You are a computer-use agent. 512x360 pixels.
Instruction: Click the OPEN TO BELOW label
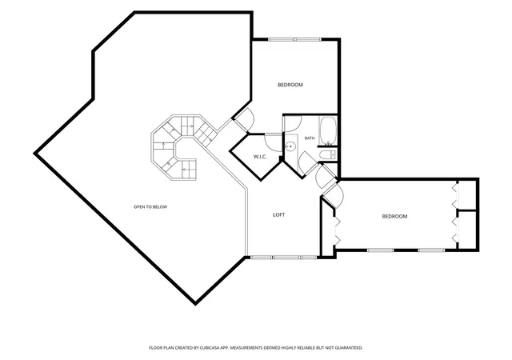[150, 206]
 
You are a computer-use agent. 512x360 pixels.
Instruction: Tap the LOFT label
[279, 214]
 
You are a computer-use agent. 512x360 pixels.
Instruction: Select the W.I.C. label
[260, 157]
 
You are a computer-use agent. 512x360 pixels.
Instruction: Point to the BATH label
[310, 138]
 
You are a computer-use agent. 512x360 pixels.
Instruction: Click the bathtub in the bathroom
[328, 131]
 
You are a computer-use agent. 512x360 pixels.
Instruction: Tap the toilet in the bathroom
[327, 154]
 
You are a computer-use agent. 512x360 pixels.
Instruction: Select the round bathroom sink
[290, 146]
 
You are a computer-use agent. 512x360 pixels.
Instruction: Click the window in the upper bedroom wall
[294, 39]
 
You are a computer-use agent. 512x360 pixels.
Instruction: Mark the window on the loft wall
[283, 257]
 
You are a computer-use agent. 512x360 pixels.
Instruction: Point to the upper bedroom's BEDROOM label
[290, 85]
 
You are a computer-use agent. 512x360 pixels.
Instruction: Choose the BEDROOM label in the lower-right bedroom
[394, 216]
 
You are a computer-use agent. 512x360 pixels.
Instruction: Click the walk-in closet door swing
[274, 142]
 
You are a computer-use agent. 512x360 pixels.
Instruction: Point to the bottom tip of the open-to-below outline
[195, 305]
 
